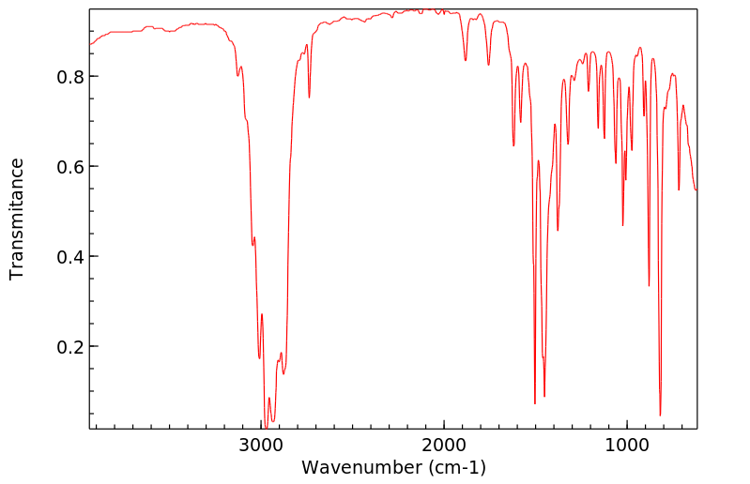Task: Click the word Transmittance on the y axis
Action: coord(17,219)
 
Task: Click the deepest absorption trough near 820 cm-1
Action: coord(660,415)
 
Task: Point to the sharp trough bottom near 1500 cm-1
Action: coord(535,403)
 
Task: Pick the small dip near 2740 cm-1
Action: coord(309,97)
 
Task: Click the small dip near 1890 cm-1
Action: coord(465,61)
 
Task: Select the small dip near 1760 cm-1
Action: coord(488,65)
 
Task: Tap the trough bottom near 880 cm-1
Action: coord(649,285)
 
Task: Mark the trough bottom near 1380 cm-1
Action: coord(558,230)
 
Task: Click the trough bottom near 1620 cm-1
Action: coord(513,145)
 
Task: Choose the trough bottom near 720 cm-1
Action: coord(679,189)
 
